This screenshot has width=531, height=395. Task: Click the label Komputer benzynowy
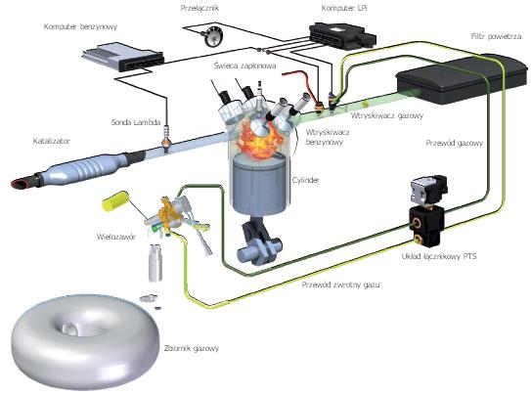(80, 26)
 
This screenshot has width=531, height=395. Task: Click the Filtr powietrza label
(496, 36)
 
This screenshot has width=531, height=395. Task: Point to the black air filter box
(463, 79)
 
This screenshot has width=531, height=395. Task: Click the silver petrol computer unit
(123, 56)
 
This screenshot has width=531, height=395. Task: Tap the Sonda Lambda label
(136, 122)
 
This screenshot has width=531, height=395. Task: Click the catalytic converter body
(85, 168)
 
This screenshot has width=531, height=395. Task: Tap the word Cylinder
(305, 180)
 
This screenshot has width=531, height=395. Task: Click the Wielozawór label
(116, 237)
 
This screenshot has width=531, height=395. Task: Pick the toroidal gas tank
(85, 342)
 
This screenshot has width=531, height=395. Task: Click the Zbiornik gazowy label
(192, 348)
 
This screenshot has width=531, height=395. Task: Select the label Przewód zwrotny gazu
(340, 285)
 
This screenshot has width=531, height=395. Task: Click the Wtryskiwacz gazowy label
(387, 115)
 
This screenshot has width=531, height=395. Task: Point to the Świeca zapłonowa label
(244, 66)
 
